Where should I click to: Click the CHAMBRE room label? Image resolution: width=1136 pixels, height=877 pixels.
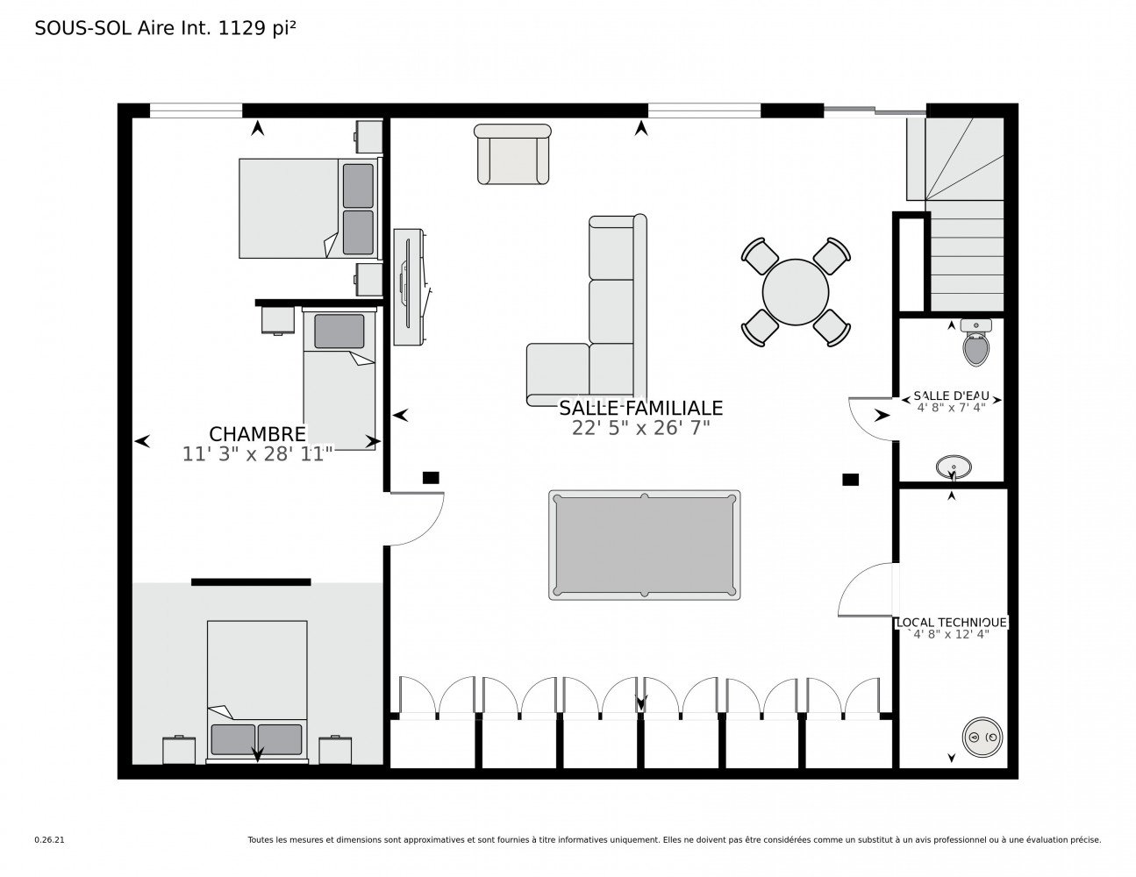(x=257, y=434)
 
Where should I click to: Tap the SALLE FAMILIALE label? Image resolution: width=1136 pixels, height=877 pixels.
(x=640, y=408)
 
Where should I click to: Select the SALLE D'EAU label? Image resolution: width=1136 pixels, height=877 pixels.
(x=951, y=396)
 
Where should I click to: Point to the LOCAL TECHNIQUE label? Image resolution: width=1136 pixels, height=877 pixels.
(x=951, y=623)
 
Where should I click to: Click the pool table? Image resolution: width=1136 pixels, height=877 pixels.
(x=644, y=545)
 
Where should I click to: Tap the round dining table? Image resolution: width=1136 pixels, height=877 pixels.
(x=795, y=292)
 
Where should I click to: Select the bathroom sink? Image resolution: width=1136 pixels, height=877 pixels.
(x=954, y=467)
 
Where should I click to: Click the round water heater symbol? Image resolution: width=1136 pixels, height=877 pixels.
(x=982, y=737)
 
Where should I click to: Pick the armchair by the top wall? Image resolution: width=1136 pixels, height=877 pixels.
(x=512, y=154)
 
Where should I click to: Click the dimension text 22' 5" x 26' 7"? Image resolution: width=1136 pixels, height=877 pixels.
(x=640, y=428)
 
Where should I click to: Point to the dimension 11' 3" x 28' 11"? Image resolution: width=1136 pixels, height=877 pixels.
(x=257, y=454)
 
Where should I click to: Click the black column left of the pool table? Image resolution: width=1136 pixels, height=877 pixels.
(x=431, y=478)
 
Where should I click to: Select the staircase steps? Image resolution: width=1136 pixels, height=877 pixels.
(x=965, y=256)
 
